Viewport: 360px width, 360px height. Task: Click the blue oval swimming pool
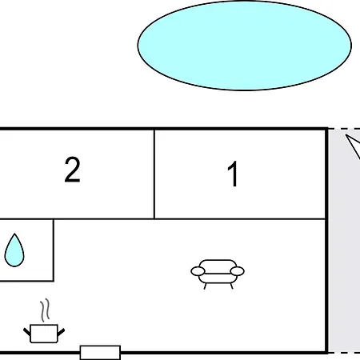(x=244, y=45)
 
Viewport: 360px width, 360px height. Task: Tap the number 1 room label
(x=233, y=174)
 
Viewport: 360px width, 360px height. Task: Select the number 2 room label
(x=72, y=170)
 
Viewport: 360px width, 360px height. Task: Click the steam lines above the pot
(x=46, y=310)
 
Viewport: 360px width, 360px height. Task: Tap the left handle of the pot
(x=27, y=328)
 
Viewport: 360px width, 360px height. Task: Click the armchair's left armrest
(x=197, y=272)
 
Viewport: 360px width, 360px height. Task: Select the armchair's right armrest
(x=238, y=272)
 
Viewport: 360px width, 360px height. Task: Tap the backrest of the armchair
(x=218, y=264)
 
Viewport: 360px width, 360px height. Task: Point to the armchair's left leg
(x=206, y=285)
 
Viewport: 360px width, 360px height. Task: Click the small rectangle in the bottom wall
(x=100, y=352)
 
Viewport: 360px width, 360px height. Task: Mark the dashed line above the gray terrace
(x=344, y=129)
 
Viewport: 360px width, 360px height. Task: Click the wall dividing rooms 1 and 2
(x=154, y=174)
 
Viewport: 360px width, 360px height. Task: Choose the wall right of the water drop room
(x=54, y=250)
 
